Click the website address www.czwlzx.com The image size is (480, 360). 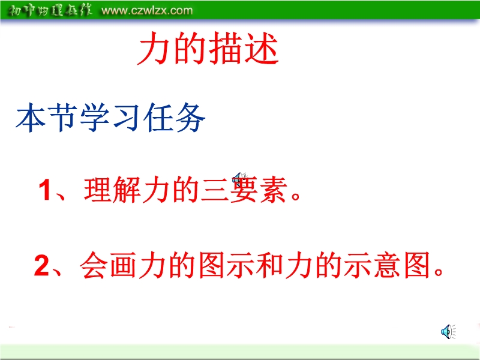pos(147,10)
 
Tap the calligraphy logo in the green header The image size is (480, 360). pos(49,10)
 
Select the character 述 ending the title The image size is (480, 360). pos(262,49)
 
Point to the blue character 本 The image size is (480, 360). pos(31,118)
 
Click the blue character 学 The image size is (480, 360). pos(95,118)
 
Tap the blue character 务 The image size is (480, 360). pos(190,118)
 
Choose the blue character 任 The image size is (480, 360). pos(158,118)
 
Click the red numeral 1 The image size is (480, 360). pos(44,190)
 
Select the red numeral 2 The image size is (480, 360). pos(41,265)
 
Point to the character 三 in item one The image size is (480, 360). pos(215,190)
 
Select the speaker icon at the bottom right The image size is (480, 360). pos(448,332)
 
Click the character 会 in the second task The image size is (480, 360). pos(94,265)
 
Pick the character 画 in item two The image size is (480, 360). pos(123,265)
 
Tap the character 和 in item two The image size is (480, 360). pos(269,265)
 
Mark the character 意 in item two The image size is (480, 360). pos(387,265)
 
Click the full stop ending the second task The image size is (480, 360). pos(439,272)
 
